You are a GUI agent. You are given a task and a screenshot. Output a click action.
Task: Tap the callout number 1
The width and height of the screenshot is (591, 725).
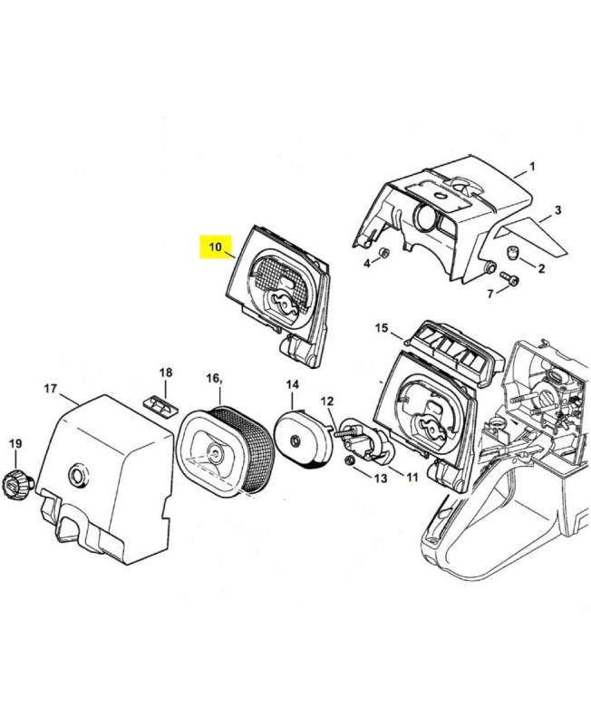[532, 167]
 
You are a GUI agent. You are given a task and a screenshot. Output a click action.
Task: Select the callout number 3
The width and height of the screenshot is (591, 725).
[557, 210]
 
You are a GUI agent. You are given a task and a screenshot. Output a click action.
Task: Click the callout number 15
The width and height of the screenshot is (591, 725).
[381, 328]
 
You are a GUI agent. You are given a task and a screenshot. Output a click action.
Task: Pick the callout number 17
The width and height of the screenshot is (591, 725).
[50, 389]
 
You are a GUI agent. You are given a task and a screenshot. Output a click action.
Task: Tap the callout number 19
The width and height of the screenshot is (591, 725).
[15, 444]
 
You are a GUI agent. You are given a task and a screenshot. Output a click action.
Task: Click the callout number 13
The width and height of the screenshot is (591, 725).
[380, 477]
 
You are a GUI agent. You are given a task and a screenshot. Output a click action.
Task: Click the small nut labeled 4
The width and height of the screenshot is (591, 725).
[383, 252]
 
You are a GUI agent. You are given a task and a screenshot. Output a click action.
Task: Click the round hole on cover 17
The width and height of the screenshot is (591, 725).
[77, 473]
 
